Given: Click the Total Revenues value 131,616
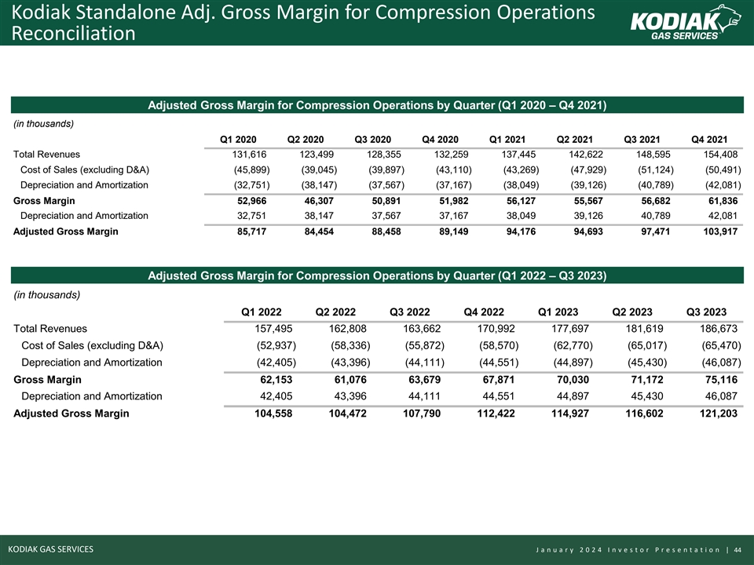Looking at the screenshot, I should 250,155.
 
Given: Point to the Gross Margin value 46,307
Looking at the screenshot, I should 317,201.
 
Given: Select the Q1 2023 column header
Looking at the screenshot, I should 558,312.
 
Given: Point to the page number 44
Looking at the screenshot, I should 738,549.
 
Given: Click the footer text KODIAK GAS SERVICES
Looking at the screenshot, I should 50,549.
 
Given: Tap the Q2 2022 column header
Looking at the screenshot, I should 335,312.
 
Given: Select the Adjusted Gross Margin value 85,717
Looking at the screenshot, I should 250,231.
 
